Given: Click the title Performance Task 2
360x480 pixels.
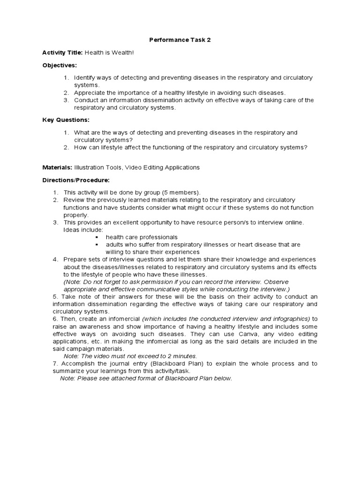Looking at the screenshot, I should (180, 40).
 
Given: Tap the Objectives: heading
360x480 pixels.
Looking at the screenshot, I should (60, 65).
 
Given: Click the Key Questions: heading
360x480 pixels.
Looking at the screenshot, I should (66, 120).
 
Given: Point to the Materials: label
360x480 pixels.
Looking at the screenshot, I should (57, 167).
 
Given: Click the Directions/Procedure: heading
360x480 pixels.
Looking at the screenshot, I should (76, 180).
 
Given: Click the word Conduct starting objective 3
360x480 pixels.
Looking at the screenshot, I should (87, 100).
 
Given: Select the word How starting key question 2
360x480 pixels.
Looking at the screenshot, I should (80, 148).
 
